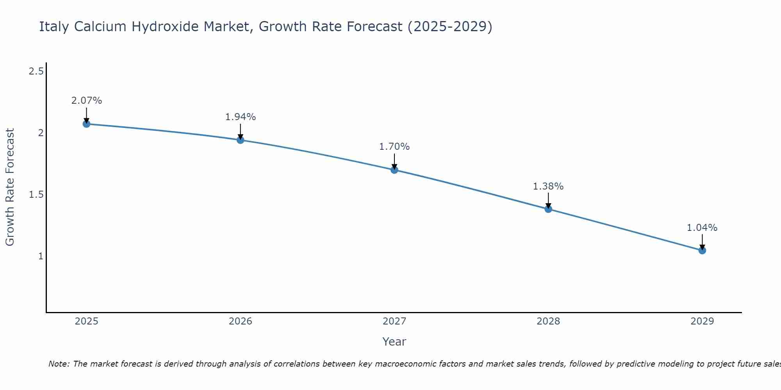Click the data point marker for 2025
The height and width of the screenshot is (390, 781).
(86, 124)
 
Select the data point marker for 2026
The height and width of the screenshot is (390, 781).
(241, 140)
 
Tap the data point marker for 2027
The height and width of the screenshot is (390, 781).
(394, 170)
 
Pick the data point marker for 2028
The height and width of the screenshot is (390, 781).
(548, 209)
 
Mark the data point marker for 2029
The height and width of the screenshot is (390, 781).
(702, 250)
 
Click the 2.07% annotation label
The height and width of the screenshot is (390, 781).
(86, 101)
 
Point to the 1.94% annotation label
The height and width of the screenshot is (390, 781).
(241, 117)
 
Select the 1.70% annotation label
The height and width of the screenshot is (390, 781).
(394, 147)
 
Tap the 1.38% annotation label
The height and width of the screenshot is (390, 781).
(548, 186)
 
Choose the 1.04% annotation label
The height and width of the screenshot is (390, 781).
(702, 228)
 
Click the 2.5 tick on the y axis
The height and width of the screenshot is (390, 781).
(36, 71)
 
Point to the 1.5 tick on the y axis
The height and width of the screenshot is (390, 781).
(36, 195)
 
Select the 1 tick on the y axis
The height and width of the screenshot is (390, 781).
(41, 256)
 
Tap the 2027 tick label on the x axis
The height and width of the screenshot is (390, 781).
(394, 321)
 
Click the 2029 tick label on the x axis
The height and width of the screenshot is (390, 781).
(702, 321)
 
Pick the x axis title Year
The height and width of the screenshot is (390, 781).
(394, 342)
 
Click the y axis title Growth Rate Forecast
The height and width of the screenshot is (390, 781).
(10, 187)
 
